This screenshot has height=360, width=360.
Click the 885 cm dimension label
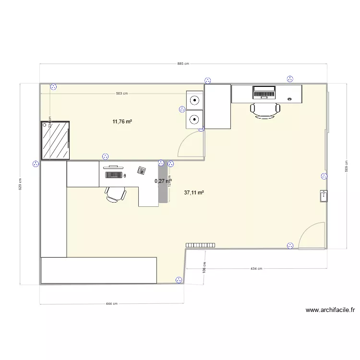point(183,63)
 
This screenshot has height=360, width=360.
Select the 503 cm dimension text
point(122,94)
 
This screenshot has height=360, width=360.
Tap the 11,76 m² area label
point(122,121)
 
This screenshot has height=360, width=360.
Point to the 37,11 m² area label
point(194,192)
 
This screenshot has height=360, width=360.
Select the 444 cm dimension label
point(111,304)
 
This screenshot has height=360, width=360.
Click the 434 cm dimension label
point(256,269)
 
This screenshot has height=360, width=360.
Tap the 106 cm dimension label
point(204,267)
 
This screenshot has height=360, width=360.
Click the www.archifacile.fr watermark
point(330,311)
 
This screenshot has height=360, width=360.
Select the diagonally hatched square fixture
point(56,140)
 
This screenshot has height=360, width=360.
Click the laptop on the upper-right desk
point(264,91)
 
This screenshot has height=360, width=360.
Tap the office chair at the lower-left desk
point(116,193)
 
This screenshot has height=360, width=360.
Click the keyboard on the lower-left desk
point(113,174)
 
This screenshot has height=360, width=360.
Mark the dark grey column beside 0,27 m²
point(163,182)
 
